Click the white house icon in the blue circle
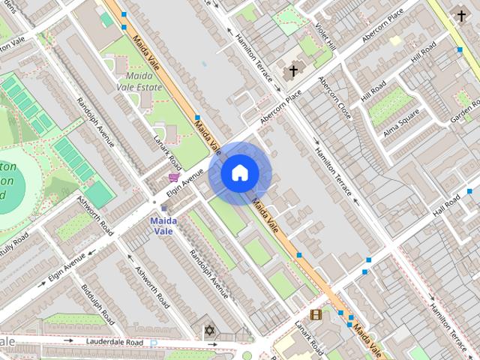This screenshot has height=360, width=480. click(x=240, y=173)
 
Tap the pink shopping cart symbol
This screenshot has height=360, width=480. click(x=174, y=177)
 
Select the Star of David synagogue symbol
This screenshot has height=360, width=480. click(x=209, y=330)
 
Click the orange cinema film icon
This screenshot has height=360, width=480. click(x=316, y=315)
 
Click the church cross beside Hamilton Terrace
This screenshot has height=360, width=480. click(x=292, y=71)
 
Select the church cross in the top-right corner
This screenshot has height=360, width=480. click(x=461, y=15)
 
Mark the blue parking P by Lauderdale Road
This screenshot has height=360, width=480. click(x=154, y=343)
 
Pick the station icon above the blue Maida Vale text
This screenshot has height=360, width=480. click(x=163, y=209)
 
